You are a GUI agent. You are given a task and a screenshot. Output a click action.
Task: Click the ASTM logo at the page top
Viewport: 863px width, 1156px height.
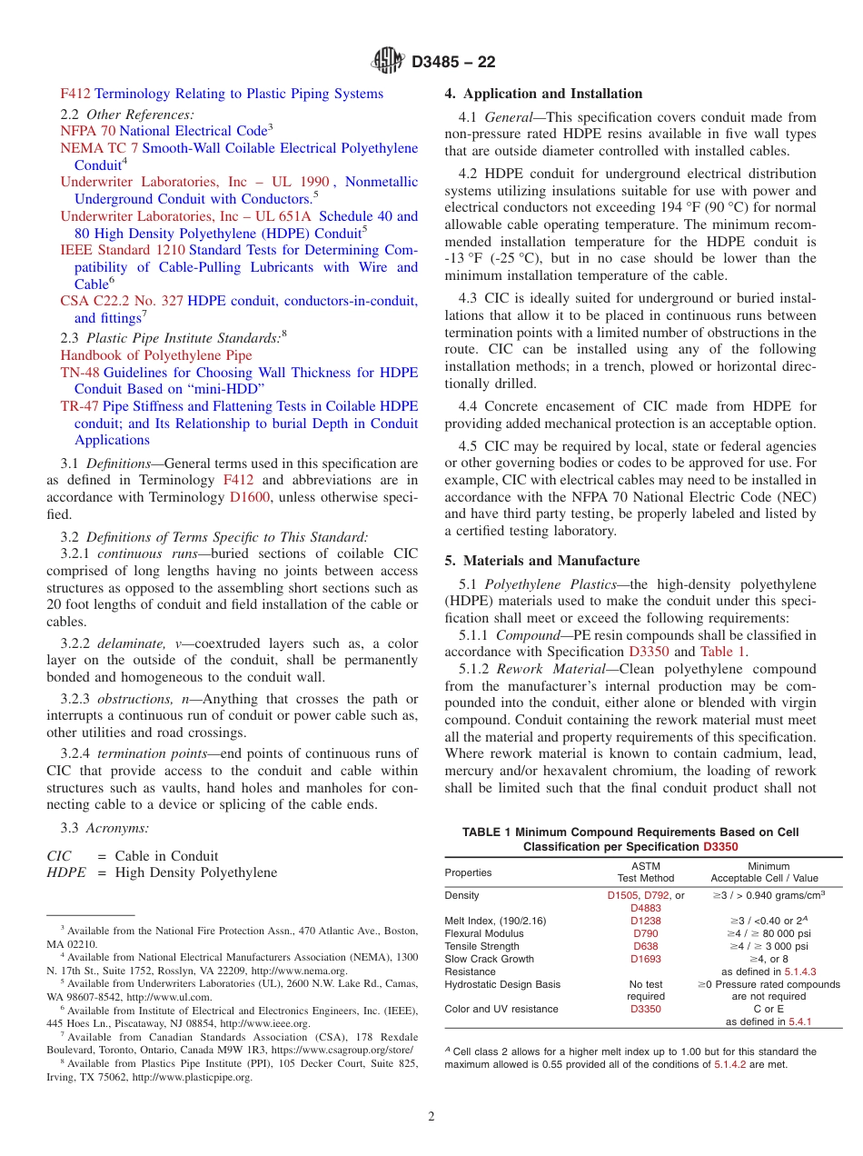(x=389, y=62)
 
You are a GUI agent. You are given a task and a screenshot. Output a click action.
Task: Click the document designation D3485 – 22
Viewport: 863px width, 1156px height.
(x=453, y=63)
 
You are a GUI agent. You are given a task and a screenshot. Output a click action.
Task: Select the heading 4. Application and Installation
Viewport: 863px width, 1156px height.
(x=542, y=94)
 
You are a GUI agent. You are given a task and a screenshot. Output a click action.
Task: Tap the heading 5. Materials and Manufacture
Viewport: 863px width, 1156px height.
(x=541, y=561)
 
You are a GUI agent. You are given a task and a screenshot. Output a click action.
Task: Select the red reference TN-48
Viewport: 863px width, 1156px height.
(x=80, y=373)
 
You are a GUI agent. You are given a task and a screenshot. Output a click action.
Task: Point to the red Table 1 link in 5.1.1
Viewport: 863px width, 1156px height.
(x=724, y=651)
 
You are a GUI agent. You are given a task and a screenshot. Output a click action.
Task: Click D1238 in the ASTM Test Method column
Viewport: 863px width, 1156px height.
(x=646, y=921)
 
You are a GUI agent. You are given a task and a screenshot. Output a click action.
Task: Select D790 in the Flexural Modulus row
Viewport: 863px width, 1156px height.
(x=646, y=933)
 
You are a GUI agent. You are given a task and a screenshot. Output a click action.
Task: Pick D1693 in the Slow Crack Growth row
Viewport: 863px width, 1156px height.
(x=646, y=959)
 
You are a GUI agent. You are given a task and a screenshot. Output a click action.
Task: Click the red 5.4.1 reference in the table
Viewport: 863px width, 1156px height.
(x=800, y=1021)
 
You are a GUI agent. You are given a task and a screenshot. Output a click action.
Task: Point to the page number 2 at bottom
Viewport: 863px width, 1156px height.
(x=431, y=1117)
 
